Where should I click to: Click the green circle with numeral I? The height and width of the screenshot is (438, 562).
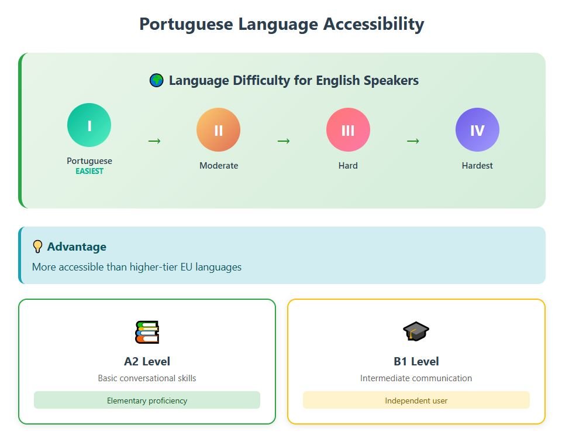point(89,125)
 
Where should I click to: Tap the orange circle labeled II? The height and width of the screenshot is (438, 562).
point(218,129)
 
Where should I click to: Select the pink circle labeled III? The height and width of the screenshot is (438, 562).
point(348,129)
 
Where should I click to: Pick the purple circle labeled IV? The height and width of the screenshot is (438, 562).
point(477,129)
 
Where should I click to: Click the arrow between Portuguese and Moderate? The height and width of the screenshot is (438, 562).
point(154,141)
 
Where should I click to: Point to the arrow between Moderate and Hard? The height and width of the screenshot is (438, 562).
point(284,141)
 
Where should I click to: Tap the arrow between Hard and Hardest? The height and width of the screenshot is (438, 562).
point(413,141)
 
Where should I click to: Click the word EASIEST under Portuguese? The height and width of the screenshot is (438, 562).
point(89,171)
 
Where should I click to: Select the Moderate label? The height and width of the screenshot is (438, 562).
point(219,166)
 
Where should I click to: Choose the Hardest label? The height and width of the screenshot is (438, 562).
point(477,166)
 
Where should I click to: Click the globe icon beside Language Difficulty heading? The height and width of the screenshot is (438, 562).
point(156,80)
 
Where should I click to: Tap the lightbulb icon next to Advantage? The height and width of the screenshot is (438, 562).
point(37,247)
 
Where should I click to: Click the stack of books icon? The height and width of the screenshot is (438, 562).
point(147,332)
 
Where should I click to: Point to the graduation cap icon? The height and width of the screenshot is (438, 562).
point(416,331)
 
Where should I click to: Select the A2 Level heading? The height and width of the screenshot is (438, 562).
point(147,361)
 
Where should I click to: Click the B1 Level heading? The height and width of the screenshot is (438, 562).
point(416,361)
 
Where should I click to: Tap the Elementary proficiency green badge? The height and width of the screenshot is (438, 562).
point(147,400)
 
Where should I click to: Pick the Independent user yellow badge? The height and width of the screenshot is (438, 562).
point(416,400)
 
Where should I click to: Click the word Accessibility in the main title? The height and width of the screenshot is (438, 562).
point(374,25)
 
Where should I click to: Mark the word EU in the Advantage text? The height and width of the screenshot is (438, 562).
point(187,267)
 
